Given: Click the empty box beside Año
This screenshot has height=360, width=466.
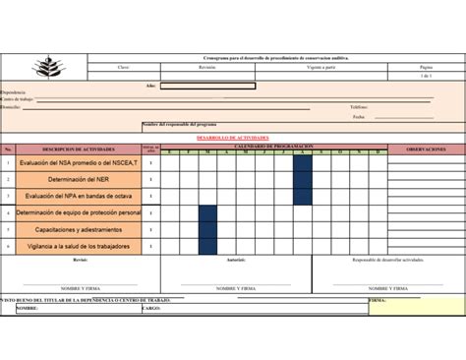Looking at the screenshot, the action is coord(207,86).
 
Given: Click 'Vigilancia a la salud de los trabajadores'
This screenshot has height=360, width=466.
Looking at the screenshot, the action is coord(79,246).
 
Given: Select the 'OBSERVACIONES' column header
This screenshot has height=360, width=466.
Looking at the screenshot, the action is coord(426,150).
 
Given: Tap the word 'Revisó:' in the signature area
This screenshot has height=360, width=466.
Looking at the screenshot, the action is coord(81,260).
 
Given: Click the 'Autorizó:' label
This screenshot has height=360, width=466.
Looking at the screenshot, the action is coord(236,260).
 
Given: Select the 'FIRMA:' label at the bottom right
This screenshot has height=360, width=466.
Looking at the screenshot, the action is coord(378,299).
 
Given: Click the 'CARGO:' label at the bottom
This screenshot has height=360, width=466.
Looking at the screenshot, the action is coord(151,308).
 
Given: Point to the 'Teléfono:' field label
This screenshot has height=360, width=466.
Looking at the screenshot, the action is coord(359,107).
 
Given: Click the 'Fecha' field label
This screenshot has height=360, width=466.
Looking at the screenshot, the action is coord(359,117).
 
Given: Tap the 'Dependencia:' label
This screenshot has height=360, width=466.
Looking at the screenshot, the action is coord(14,92).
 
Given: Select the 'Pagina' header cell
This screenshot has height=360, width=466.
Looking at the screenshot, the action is coord(426,67).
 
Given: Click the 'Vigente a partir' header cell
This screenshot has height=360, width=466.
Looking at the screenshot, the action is coord(320,67).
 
